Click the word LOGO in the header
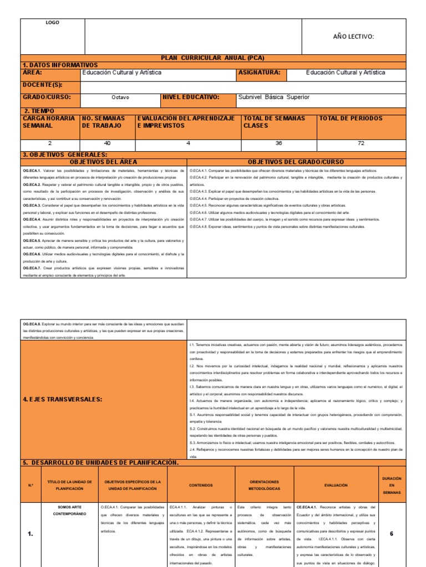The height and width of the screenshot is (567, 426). (x=52, y=23)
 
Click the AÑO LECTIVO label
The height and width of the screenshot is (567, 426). (x=353, y=37)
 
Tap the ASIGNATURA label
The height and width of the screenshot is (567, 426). (x=259, y=73)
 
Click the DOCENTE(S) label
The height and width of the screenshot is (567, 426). (x=42, y=85)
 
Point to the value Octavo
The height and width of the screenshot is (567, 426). (x=120, y=97)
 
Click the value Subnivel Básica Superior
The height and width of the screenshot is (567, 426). (x=273, y=97)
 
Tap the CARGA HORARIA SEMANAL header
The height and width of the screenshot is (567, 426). (x=49, y=122)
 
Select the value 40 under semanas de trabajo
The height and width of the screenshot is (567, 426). (x=108, y=143)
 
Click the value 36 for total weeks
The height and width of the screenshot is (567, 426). (x=278, y=143)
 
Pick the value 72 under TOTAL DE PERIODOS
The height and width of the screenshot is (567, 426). (x=361, y=143)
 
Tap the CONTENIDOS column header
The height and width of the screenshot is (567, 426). (x=201, y=485)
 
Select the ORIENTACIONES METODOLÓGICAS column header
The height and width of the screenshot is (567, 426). (x=264, y=485)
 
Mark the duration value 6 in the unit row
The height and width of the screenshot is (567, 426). (x=391, y=534)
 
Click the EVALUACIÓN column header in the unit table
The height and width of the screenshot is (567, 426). (x=336, y=485)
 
